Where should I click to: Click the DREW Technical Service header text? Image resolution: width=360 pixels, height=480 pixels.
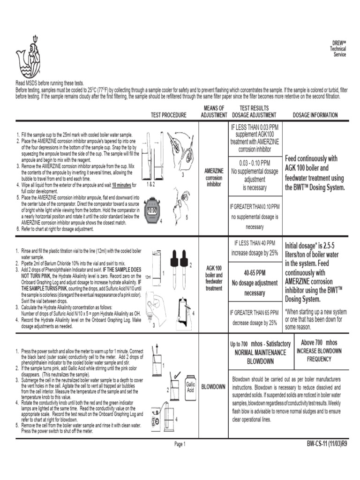pyautogui.click(x=339, y=49)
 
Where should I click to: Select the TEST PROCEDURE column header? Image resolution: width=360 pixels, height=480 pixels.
pyautogui.click(x=168, y=115)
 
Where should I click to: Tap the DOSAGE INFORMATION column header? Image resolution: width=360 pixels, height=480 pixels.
pyautogui.click(x=315, y=115)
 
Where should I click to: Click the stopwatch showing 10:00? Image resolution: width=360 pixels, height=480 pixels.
pyautogui.click(x=152, y=210)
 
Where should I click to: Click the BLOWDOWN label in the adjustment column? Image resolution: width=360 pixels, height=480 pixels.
pyautogui.click(x=213, y=387)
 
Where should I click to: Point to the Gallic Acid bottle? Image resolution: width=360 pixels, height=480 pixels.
pyautogui.click(x=190, y=387)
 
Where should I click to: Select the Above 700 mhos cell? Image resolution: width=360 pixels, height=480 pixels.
pyautogui.click(x=319, y=351)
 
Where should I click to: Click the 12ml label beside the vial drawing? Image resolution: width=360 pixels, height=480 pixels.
pyautogui.click(x=148, y=277)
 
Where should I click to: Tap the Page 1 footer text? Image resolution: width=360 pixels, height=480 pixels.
pyautogui.click(x=180, y=444)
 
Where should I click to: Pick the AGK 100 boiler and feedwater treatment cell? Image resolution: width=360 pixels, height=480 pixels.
pyautogui.click(x=213, y=278)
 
